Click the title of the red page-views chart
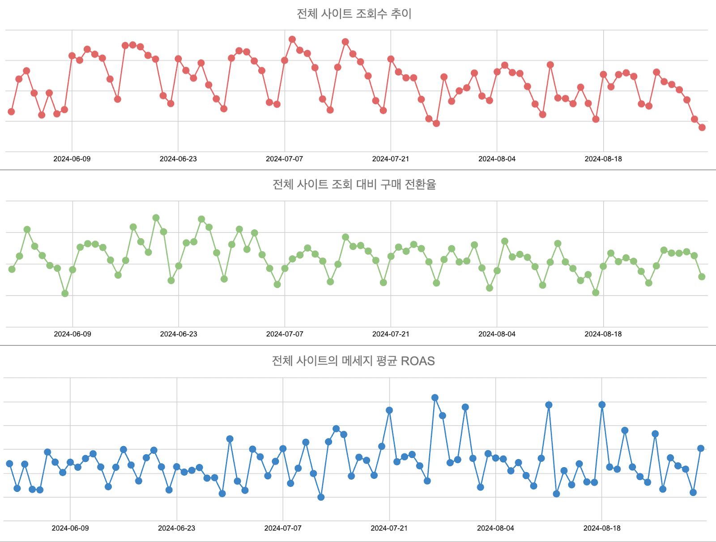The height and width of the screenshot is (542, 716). [354, 14]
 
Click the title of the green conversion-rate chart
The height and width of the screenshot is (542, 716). [354, 185]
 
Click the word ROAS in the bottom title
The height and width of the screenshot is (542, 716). [418, 361]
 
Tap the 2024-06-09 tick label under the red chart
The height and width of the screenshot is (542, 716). [72, 159]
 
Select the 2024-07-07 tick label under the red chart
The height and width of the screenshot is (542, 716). [285, 159]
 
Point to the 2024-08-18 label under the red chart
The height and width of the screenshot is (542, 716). [603, 159]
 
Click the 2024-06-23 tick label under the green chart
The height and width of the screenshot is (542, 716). [179, 334]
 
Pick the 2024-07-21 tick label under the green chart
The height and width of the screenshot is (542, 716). [391, 334]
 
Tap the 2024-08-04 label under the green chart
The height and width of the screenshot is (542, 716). [497, 334]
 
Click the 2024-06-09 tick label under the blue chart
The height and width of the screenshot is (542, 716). [70, 528]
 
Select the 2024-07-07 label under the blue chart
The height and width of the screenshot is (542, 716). [283, 528]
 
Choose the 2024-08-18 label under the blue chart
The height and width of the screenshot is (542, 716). [602, 528]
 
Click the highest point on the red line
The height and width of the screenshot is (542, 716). [292, 39]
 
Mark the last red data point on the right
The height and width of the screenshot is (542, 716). [702, 128]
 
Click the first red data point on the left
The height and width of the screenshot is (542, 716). [11, 112]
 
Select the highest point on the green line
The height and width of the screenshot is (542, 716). [156, 218]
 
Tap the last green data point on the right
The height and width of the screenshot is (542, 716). [702, 277]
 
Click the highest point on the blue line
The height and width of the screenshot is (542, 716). [435, 398]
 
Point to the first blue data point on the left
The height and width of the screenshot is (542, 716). [9, 464]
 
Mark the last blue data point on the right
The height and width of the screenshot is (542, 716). [701, 448]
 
